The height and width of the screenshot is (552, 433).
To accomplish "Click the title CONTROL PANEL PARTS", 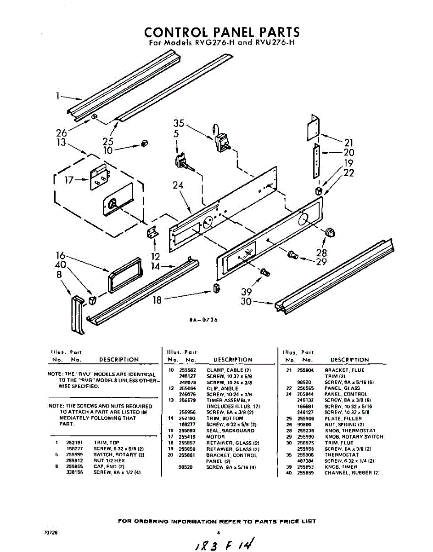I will click(x=222, y=32).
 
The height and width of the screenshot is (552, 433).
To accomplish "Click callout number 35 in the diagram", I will click(x=179, y=123).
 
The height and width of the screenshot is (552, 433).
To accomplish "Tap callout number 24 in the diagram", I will click(x=178, y=185).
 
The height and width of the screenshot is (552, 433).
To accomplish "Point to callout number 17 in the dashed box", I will click(x=69, y=180).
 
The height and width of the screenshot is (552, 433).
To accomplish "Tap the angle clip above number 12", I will click(x=152, y=233).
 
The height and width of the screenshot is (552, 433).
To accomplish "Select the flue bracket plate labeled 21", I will click(x=313, y=128).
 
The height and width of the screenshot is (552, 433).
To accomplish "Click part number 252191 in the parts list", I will click(x=74, y=442).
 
